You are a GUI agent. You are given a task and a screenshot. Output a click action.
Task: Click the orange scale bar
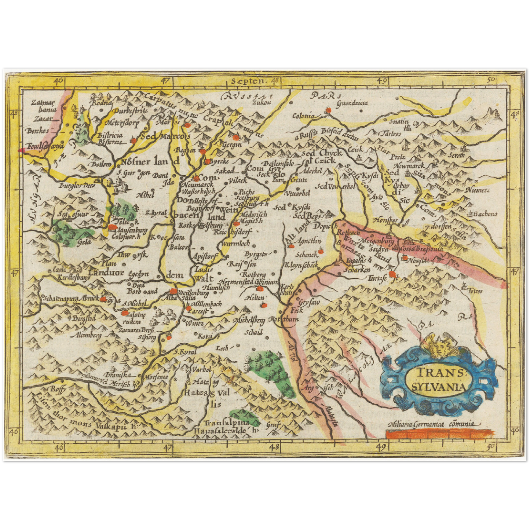coord(438,434)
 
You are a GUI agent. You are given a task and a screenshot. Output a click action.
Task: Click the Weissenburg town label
coord(193,293)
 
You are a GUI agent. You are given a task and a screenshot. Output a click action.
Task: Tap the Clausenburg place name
coord(131,231)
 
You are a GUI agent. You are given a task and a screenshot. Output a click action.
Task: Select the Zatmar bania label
coord(44,106)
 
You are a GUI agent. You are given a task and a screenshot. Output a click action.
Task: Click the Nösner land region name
coord(150,162)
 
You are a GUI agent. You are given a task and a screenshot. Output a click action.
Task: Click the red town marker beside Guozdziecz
coord(328,110)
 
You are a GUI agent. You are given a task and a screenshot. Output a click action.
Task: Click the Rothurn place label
coord(284,319)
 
